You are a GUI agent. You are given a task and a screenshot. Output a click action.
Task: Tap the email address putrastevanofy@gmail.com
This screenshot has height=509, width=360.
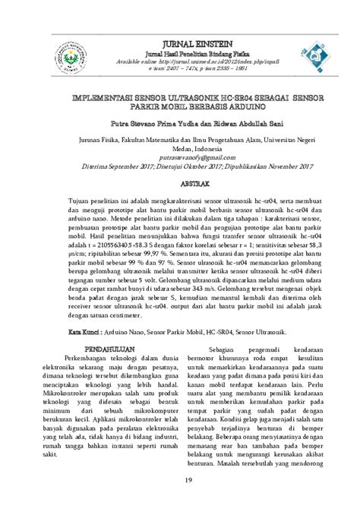[179, 156]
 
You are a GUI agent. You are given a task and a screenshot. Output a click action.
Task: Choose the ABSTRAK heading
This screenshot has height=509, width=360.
[179, 183]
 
